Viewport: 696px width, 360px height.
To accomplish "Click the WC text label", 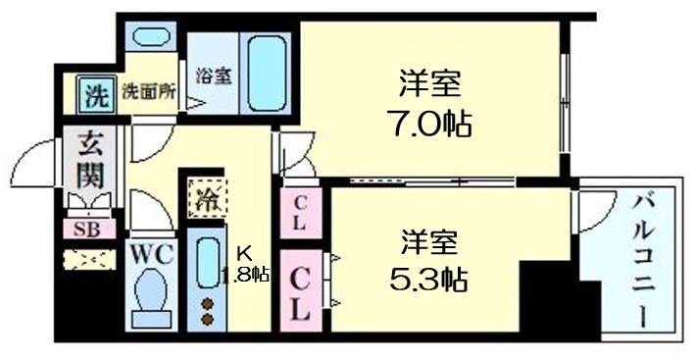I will point(153,254).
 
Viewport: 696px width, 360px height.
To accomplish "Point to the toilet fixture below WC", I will point(152,300).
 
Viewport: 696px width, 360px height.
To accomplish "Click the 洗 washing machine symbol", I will point(95,95).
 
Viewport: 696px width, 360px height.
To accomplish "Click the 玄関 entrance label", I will point(89,163).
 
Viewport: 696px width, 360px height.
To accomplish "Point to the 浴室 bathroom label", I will point(213,76).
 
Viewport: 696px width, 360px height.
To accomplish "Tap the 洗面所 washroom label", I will point(148,94).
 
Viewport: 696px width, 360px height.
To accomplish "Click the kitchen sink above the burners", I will point(207,263).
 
